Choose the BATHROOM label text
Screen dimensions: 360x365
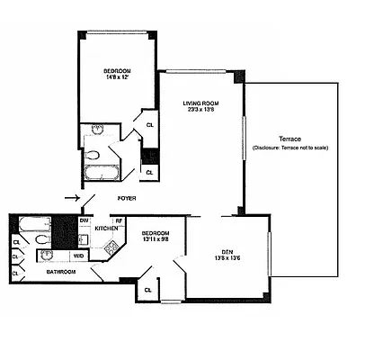pyautogui.click(x=60, y=270)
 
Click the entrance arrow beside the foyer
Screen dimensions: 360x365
pyautogui.click(x=72, y=199)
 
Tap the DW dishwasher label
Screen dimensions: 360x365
pyautogui.click(x=84, y=220)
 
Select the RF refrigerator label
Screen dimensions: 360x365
pyautogui.click(x=118, y=220)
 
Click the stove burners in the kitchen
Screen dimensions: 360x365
pyautogui.click(x=111, y=244)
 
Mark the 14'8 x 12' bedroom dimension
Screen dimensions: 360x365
pyautogui.click(x=117, y=78)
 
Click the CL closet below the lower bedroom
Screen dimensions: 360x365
pyautogui.click(x=147, y=290)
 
